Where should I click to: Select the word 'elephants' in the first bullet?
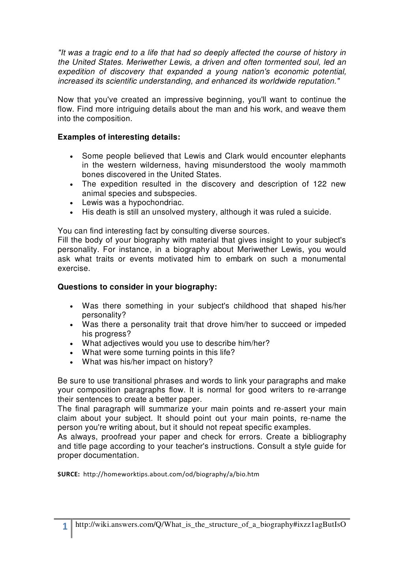pyautogui.click(x=327, y=156)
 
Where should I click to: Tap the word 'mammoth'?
pyautogui.click(x=327, y=165)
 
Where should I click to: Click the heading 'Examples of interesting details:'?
pyautogui.click(x=119, y=137)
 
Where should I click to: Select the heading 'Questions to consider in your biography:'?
pyautogui.click(x=137, y=287)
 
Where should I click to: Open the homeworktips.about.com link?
pyautogui.click(x=171, y=474)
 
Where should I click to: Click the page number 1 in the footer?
pyautogui.click(x=65, y=527)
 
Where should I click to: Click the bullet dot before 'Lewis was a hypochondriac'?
pyautogui.click(x=71, y=203)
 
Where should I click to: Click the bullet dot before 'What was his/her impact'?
pyautogui.click(x=71, y=362)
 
